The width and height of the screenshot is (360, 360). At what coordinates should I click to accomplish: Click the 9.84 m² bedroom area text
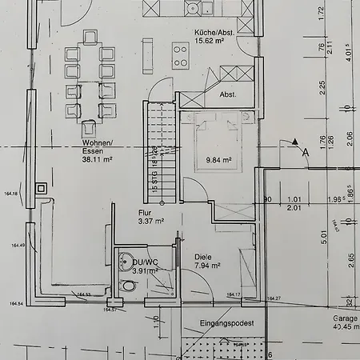coord(218,160)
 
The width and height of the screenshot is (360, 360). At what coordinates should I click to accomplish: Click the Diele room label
coord(204,258)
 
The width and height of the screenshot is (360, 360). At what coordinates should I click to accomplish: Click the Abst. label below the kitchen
coord(229,94)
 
